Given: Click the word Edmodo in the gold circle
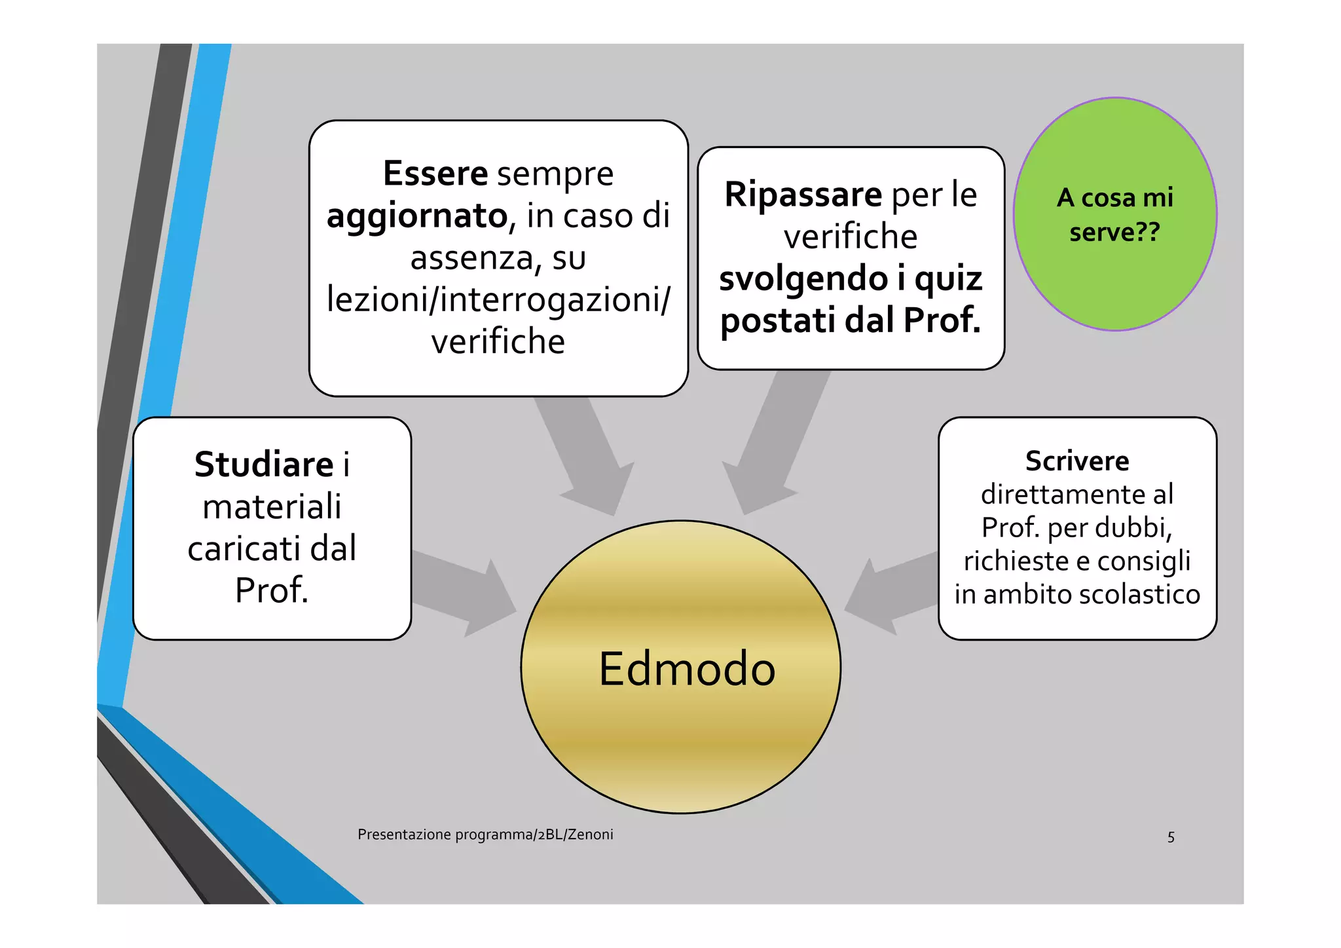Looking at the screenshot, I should click(687, 669).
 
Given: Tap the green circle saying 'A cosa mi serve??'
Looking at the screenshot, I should click(1115, 214).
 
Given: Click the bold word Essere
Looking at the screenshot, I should click(435, 174).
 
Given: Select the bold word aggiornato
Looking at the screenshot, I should click(417, 216).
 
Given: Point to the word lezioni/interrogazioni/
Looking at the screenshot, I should click(498, 299).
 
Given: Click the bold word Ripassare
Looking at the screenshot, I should click(803, 195).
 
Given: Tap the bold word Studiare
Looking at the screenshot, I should click(264, 465).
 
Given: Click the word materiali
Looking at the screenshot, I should click(272, 506).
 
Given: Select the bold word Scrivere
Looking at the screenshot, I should click(1077, 461).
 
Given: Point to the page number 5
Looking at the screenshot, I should click(1171, 837).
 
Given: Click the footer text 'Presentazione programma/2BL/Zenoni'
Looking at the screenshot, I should click(485, 834).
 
